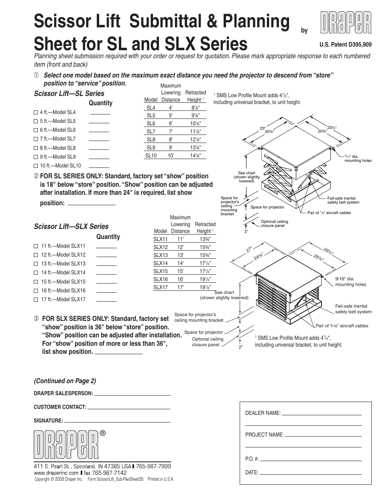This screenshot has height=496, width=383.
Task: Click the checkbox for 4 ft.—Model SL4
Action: click(x=36, y=112)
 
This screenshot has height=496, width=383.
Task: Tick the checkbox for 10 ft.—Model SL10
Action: click(x=36, y=166)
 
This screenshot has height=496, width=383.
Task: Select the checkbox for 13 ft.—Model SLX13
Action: click(x=36, y=264)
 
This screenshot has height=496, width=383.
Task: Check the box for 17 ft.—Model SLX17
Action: click(x=36, y=300)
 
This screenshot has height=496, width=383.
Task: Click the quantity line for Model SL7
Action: click(x=99, y=140)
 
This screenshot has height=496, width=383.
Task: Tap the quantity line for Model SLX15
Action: click(x=106, y=283)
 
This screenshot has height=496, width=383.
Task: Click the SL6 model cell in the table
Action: click(x=151, y=124)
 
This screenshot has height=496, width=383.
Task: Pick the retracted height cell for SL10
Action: click(x=195, y=155)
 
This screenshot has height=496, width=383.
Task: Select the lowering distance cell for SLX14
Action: click(x=180, y=263)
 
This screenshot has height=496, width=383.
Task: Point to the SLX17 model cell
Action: click(x=160, y=287)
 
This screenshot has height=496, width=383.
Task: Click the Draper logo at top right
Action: click(x=346, y=23)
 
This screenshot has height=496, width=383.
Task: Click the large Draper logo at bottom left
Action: click(x=67, y=445)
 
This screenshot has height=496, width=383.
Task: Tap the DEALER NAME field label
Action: click(x=263, y=413)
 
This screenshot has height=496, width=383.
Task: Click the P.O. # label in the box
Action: click(x=252, y=459)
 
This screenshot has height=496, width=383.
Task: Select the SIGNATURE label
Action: click(x=48, y=421)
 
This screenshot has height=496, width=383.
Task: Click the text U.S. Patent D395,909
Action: click(x=345, y=45)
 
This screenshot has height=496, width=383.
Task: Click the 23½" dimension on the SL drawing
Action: click(x=332, y=127)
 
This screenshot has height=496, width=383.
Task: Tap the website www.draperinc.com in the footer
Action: click(x=56, y=473)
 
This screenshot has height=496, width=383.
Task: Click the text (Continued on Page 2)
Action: click(x=65, y=381)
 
